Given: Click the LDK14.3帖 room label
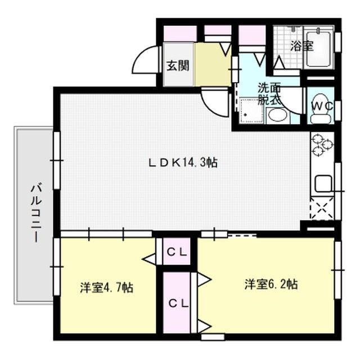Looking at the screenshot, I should point(183,163).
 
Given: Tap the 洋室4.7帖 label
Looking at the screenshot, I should point(106,288).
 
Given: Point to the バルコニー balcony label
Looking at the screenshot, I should point(35,212).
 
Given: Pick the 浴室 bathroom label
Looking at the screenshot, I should point(301,46).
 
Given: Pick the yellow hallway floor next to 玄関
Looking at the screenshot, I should point(213,63).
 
